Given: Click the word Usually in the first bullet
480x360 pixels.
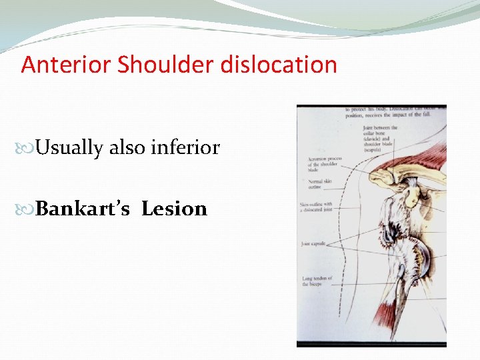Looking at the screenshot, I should point(69,147).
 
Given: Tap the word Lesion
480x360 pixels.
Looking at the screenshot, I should point(174,209).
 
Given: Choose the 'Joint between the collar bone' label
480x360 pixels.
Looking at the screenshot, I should point(380,136).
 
